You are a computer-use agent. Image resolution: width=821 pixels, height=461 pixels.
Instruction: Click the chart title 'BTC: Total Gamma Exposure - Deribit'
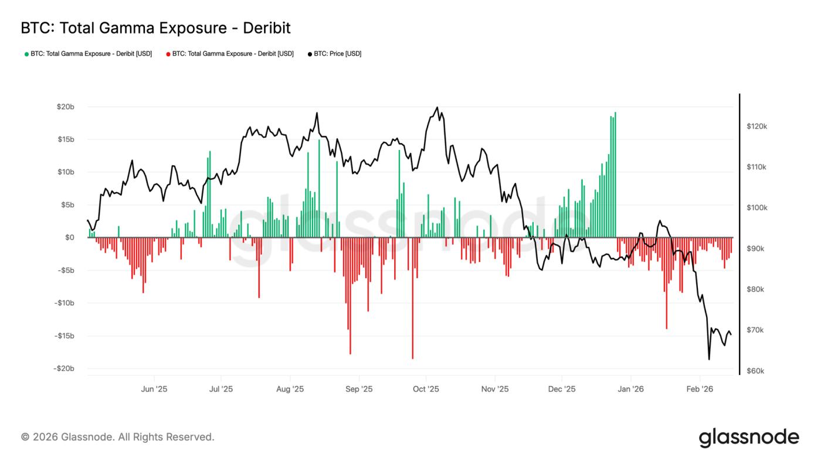[155, 28]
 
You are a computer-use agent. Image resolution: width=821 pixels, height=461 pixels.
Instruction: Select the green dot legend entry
[88, 54]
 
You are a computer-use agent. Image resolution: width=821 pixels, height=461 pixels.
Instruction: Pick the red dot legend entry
[230, 54]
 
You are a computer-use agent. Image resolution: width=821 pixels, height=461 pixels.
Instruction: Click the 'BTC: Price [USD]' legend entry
[334, 54]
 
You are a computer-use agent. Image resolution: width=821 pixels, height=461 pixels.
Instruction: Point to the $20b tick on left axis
[65, 107]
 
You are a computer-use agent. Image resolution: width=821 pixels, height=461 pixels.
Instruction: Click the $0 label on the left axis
[69, 238]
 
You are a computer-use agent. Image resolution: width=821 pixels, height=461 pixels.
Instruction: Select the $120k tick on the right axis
[756, 127]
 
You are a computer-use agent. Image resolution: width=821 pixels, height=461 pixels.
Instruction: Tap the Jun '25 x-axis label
[154, 389]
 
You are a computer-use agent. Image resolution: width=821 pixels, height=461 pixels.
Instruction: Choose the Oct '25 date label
[426, 389]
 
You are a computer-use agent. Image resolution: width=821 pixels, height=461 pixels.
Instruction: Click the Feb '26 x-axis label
[699, 389]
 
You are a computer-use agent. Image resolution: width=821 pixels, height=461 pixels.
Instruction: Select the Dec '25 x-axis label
[562, 389]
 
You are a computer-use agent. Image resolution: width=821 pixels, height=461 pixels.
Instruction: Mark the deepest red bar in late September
[412, 298]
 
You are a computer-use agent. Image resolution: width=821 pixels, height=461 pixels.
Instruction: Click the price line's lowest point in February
[709, 359]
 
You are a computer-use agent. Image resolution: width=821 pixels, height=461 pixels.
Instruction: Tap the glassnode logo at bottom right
[748, 438]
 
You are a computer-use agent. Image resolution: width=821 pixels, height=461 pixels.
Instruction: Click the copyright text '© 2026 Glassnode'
[117, 437]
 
